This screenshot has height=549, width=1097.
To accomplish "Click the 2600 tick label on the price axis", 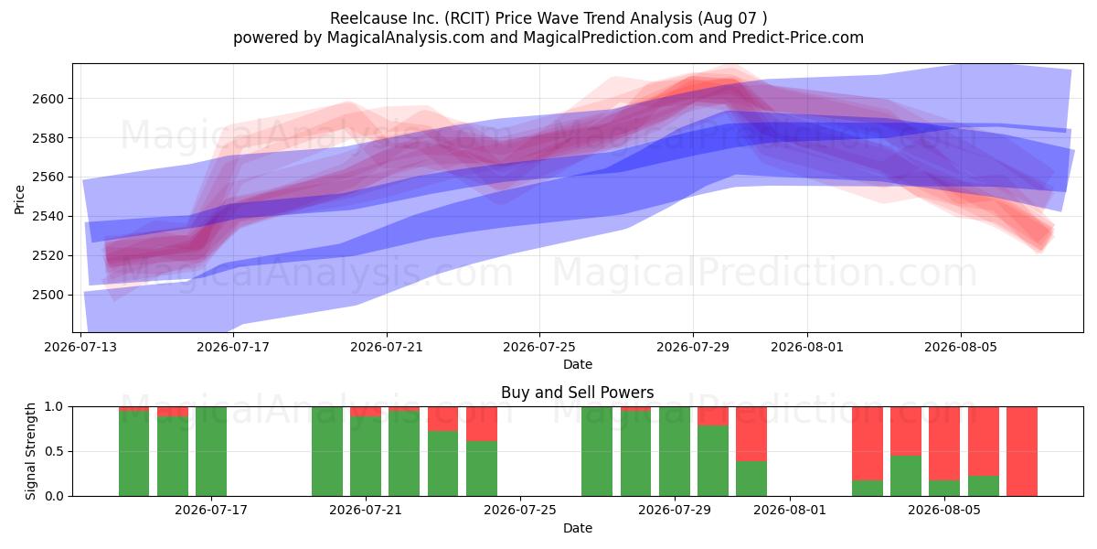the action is pos(48,99).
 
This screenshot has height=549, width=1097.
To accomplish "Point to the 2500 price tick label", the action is pos(48,295).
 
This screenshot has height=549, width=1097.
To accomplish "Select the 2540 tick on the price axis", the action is pos(48,217).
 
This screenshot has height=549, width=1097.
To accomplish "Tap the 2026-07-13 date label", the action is pos(80,347).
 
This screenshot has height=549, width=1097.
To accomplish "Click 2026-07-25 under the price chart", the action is pos(539,347).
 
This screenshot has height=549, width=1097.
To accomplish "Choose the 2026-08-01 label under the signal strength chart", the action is pos(790,511).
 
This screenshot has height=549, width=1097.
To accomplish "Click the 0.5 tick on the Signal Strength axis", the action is pos(54,451).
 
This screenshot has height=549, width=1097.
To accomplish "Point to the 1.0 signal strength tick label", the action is pos(54,407).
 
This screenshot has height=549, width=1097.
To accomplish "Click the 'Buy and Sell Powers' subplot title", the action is pos(578,393).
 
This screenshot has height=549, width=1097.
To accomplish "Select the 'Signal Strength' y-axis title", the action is pos(30,451).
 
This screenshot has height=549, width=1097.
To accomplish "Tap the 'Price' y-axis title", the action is pos(19,199).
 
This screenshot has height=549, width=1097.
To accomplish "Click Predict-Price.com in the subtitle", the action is pos(798,38).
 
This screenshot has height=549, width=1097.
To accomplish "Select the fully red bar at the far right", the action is pos(1022,451).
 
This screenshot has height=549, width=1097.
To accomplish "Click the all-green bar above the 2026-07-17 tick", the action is pos(211,451).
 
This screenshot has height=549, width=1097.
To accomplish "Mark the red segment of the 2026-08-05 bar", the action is pos(944,444).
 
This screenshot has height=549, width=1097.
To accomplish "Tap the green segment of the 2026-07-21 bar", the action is pos(366,457).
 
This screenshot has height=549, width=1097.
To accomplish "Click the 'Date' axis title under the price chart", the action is pos(578,365).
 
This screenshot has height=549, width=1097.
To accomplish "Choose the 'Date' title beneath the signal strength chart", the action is pos(578,529).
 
